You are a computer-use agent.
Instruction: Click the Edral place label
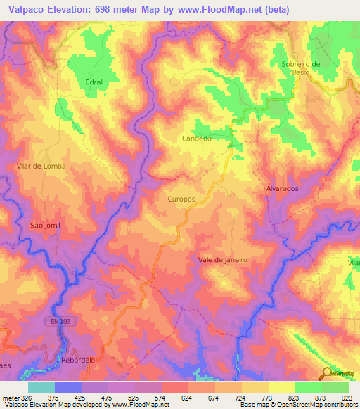(94, 82)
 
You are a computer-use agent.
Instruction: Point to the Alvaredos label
(283, 190)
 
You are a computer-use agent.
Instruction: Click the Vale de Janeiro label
(223, 259)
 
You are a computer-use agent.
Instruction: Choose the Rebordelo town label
(78, 359)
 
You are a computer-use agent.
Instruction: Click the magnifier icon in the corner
(328, 372)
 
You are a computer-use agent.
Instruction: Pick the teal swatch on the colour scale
(41, 387)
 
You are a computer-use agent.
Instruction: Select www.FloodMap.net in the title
(220, 10)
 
